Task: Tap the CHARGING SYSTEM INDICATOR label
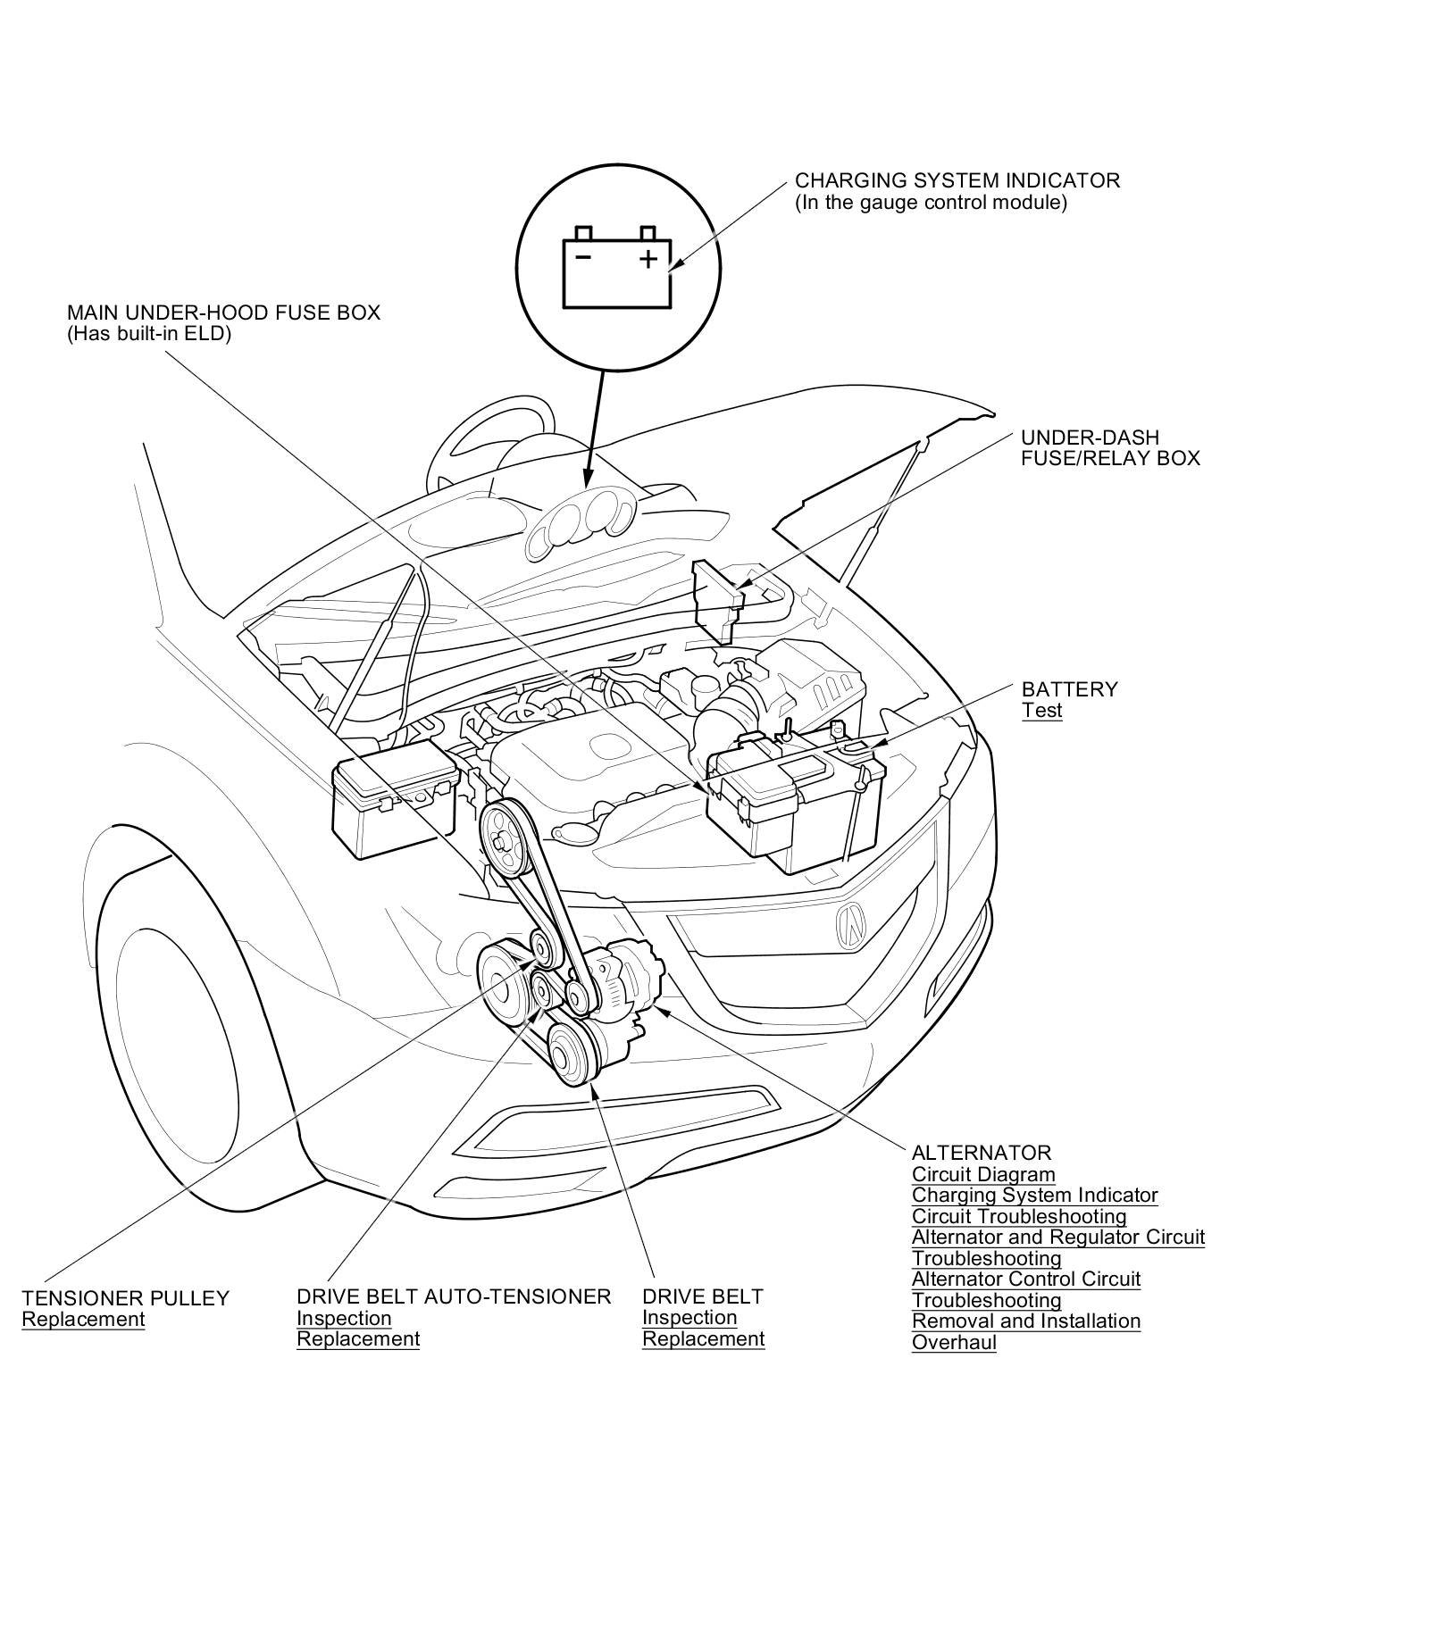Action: tap(957, 180)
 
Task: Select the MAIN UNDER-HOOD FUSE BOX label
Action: tap(223, 313)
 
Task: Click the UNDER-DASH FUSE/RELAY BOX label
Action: tap(1110, 447)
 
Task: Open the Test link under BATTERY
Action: tap(1041, 711)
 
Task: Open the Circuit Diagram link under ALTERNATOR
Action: tap(982, 1174)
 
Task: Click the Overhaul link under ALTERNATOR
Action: tap(953, 1342)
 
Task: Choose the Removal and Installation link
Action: tap(1025, 1321)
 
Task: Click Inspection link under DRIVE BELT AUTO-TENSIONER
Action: tap(344, 1318)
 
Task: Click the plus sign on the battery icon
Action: tap(648, 259)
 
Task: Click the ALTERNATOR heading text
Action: tap(981, 1153)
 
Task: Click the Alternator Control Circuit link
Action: tap(1025, 1279)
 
